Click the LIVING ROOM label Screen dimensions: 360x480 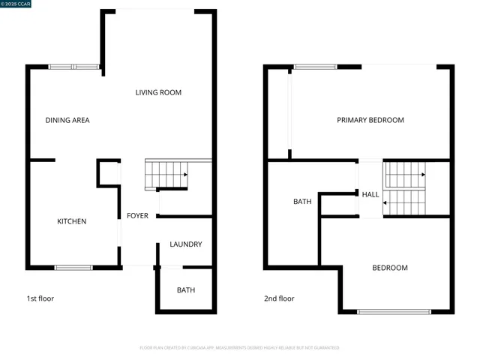pyautogui.click(x=158, y=92)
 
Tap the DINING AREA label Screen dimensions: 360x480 pyautogui.click(x=67, y=120)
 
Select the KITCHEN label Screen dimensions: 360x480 pyautogui.click(x=72, y=221)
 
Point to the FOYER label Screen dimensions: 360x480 pyautogui.click(x=137, y=216)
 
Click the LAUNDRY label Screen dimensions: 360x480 pyautogui.click(x=185, y=244)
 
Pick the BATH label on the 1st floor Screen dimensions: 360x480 pyautogui.click(x=186, y=290)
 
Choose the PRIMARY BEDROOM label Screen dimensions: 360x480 pyautogui.click(x=370, y=120)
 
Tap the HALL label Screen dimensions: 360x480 pyautogui.click(x=370, y=195)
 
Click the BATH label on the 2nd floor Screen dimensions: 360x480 pyautogui.click(x=302, y=202)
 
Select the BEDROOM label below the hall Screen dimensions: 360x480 pyautogui.click(x=390, y=268)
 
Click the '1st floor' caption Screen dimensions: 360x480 pyautogui.click(x=40, y=298)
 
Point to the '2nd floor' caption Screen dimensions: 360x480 pyautogui.click(x=279, y=298)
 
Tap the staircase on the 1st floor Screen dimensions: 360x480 pyautogui.click(x=166, y=174)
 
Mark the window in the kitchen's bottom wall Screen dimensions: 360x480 pyautogui.click(x=73, y=267)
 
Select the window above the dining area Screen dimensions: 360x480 pyautogui.click(x=73, y=67)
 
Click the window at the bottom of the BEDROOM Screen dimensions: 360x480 pyautogui.click(x=394, y=311)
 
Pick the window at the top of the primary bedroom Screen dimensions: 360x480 pyautogui.click(x=316, y=67)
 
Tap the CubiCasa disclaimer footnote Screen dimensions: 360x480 pyautogui.click(x=239, y=348)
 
